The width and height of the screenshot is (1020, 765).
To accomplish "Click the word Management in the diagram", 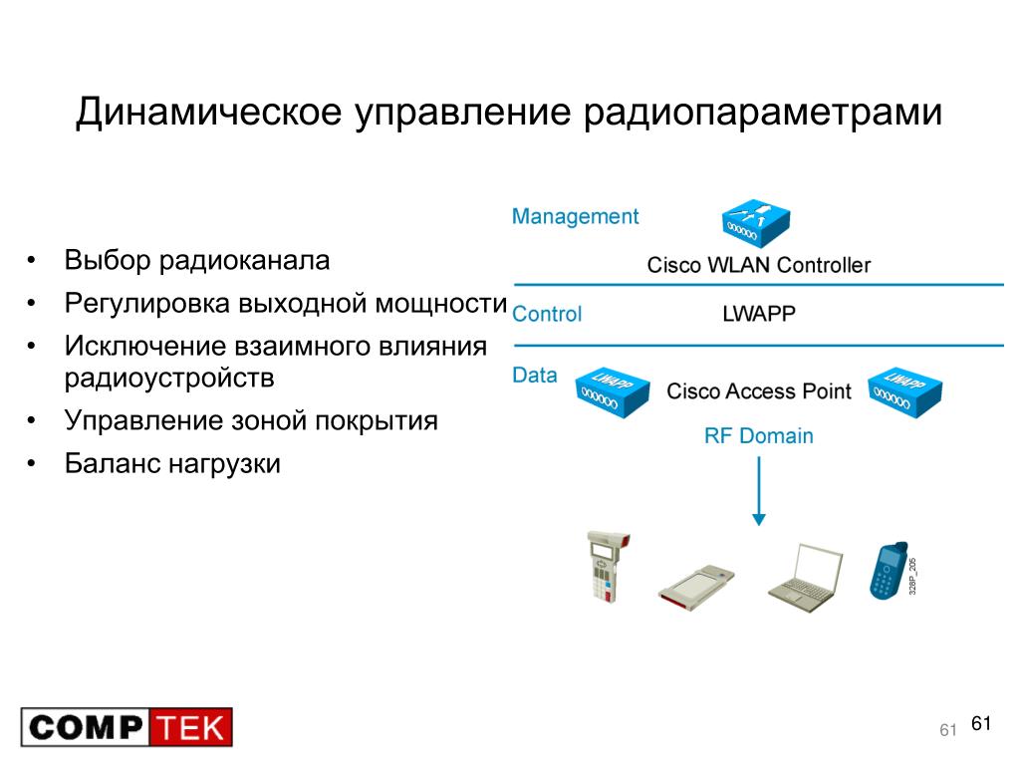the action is pyautogui.click(x=575, y=216).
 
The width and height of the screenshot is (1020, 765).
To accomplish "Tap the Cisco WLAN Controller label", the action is pyautogui.click(x=758, y=265).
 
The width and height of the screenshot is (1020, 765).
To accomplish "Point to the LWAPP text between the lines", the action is pyautogui.click(x=758, y=314).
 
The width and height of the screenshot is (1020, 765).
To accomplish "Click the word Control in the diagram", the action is pyautogui.click(x=547, y=314).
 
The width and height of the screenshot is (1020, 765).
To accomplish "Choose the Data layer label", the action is pyautogui.click(x=535, y=376).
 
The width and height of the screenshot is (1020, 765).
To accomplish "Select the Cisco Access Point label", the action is pyautogui.click(x=759, y=390).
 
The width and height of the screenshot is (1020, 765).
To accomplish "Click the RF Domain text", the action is pyautogui.click(x=759, y=436).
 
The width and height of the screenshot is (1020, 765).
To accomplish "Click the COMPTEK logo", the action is pyautogui.click(x=127, y=727).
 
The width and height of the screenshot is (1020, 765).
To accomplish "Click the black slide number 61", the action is pyautogui.click(x=981, y=724).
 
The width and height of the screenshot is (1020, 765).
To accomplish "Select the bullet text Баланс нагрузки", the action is pyautogui.click(x=172, y=463).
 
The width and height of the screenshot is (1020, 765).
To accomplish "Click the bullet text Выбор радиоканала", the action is pyautogui.click(x=196, y=261).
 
